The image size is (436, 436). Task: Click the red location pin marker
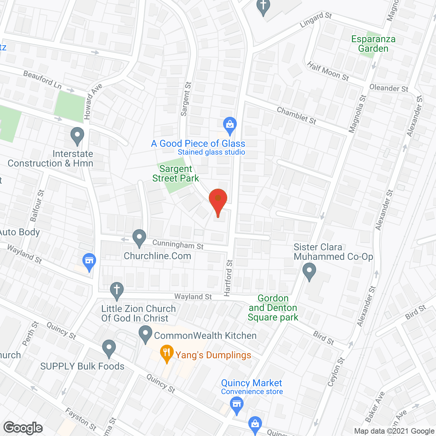(x=218, y=201)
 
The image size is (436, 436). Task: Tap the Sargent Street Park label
(x=176, y=174)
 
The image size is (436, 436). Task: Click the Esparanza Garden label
(x=373, y=44)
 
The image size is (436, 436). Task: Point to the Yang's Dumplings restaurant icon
(x=167, y=353)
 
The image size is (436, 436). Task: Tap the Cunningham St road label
(x=178, y=244)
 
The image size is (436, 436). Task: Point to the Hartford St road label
(x=229, y=278)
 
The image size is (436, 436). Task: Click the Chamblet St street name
(x=296, y=115)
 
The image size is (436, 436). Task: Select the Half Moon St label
(x=328, y=71)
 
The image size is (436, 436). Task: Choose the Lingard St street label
(x=316, y=20)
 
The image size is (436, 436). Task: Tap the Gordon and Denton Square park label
(x=273, y=308)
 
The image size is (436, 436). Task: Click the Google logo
(x=23, y=428)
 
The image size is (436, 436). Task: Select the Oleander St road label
(x=389, y=88)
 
